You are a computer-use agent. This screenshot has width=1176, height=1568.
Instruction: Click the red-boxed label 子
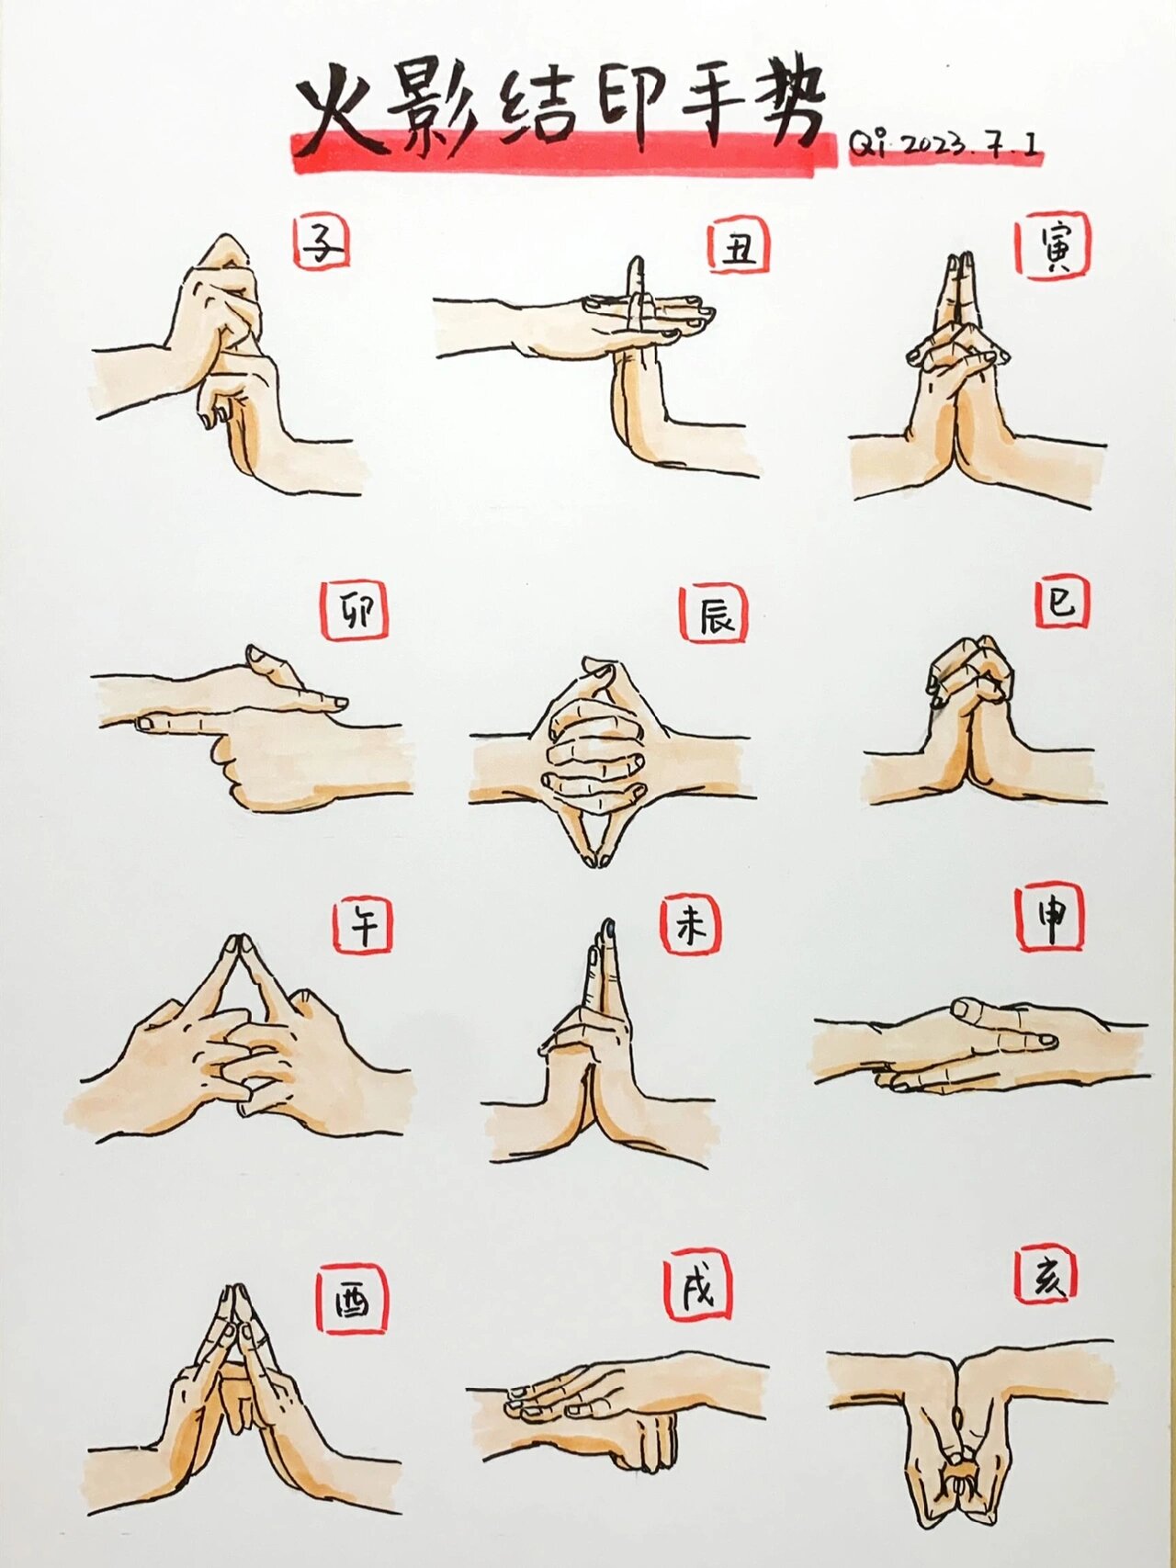pos(322,243)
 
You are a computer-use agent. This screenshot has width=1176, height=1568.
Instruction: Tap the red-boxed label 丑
pos(738,247)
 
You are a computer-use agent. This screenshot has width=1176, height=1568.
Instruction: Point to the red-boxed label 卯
pos(354,611)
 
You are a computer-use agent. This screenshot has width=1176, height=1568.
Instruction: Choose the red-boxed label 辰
pos(714,614)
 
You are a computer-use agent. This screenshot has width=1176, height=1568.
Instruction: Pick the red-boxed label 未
pos(691,926)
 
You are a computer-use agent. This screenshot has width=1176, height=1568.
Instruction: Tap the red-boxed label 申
pos(1050,918)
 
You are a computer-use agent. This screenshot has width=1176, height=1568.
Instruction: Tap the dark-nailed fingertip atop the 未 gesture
pos(606,928)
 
